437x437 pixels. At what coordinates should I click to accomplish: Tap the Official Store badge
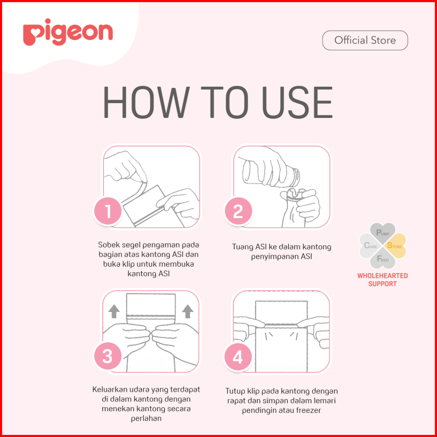pyautogui.click(x=365, y=41)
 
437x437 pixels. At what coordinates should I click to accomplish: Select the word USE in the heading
pyautogui.click(x=297, y=102)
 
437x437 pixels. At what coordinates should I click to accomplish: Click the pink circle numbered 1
pyautogui.click(x=108, y=211)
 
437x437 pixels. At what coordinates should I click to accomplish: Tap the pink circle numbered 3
pyautogui.click(x=108, y=356)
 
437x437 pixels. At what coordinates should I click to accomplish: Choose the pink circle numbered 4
pyautogui.click(x=238, y=356)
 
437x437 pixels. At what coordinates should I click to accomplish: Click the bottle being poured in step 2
pyautogui.click(x=271, y=172)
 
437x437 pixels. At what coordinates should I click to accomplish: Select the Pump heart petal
pyautogui.click(x=382, y=233)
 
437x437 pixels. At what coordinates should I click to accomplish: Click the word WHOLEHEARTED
pyautogui.click(x=382, y=276)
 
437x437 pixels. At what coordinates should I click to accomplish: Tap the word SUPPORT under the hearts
pyautogui.click(x=382, y=284)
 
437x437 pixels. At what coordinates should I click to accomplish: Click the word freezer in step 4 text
pyautogui.click(x=309, y=410)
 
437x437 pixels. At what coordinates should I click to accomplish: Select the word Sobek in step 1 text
pyautogui.click(x=109, y=244)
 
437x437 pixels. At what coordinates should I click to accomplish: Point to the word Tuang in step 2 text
pyautogui.click(x=243, y=247)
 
